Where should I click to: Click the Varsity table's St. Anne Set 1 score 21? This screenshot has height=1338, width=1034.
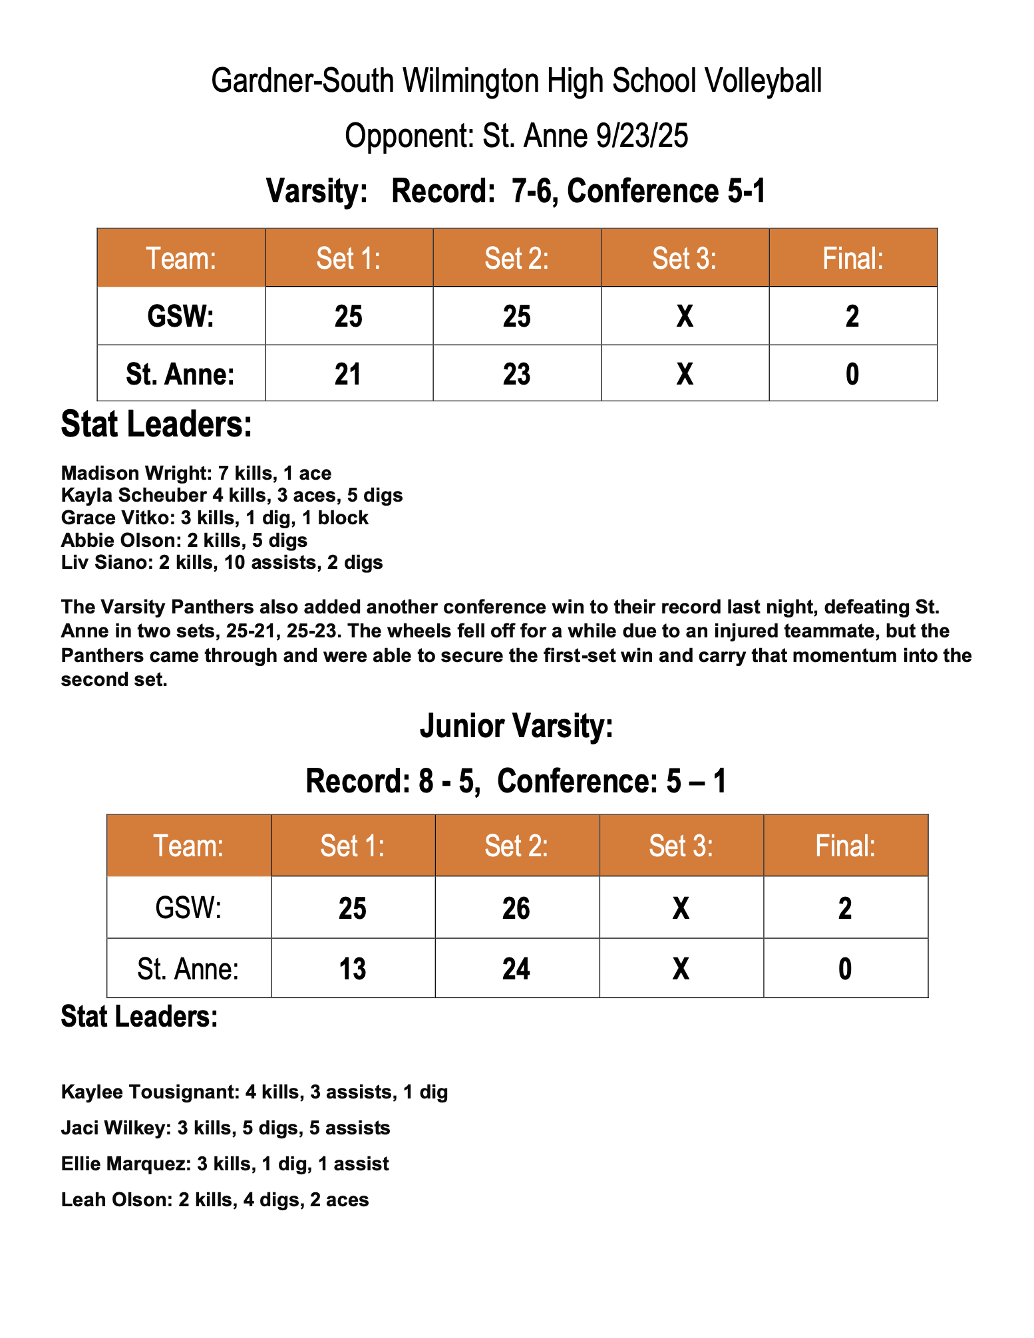coord(348,374)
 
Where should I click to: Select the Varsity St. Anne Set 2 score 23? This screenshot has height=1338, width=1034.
coord(516,374)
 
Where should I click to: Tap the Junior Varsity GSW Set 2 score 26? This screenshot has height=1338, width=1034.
coord(516,908)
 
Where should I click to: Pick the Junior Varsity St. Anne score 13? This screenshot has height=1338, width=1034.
coord(353,969)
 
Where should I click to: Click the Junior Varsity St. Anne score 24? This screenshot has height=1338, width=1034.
coord(516,969)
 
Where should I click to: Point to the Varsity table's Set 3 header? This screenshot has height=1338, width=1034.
coord(684,258)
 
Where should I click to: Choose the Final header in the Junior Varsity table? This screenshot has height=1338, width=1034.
coord(845,846)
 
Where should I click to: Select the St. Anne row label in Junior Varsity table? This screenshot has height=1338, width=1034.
coord(188,969)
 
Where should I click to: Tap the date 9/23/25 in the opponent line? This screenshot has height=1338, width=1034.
coord(642,136)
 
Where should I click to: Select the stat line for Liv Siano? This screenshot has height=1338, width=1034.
coord(222,563)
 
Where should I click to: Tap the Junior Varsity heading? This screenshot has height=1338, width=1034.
coord(516,726)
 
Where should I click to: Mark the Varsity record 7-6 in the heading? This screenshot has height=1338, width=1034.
coord(536,192)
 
